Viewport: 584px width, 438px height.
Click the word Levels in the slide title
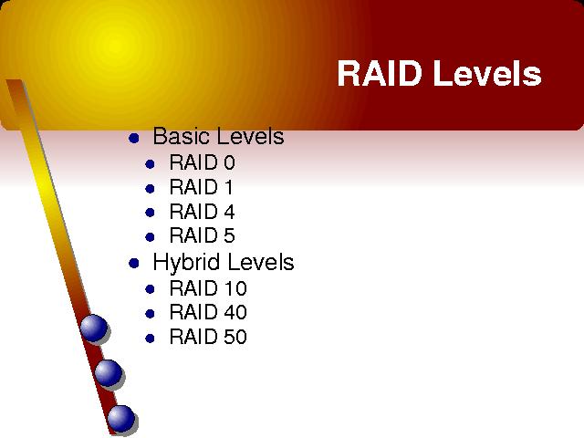(x=486, y=73)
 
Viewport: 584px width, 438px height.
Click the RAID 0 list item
(x=202, y=162)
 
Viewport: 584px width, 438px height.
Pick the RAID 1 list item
(x=201, y=187)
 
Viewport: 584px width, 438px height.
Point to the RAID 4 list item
(x=202, y=212)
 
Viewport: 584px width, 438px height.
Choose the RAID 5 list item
(x=202, y=235)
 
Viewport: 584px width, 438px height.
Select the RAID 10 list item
(x=208, y=288)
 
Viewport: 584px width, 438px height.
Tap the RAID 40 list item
(x=208, y=312)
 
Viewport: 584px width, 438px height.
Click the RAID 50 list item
(x=208, y=337)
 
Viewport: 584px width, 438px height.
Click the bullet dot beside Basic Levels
(x=134, y=139)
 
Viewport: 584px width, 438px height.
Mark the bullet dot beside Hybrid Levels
(x=134, y=264)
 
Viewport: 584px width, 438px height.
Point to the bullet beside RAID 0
(x=150, y=164)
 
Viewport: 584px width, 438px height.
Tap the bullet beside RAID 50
(x=150, y=339)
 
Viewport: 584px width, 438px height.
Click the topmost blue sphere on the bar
(x=93, y=328)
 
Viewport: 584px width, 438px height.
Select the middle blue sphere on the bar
(x=108, y=372)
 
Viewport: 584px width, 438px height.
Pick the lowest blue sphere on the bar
(x=121, y=418)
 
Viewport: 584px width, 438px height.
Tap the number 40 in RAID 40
(x=235, y=312)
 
